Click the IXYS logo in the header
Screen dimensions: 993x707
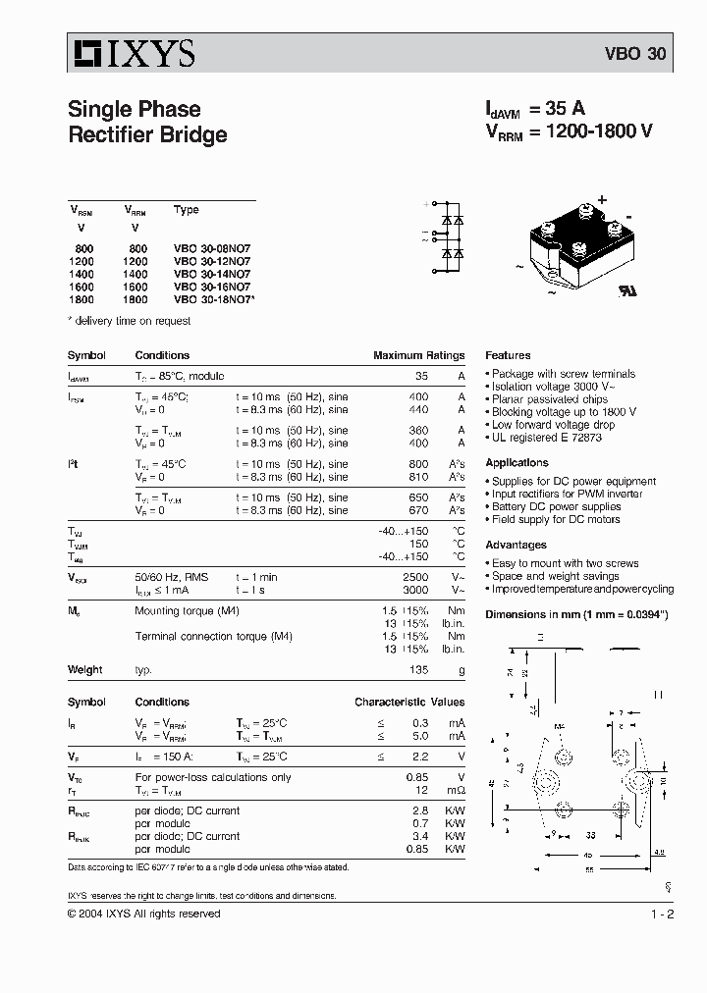(x=131, y=52)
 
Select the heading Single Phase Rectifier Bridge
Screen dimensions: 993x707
(x=147, y=122)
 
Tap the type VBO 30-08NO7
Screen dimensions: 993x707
(x=212, y=249)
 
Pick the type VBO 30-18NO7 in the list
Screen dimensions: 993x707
(x=214, y=300)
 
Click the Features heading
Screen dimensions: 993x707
(x=508, y=355)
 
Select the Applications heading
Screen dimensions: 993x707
(x=517, y=463)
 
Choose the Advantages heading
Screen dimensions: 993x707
(x=517, y=546)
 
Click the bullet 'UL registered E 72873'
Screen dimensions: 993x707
(x=546, y=438)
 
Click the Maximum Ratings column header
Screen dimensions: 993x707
(x=418, y=355)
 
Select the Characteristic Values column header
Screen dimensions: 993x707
(x=409, y=703)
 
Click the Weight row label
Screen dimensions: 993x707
(x=84, y=669)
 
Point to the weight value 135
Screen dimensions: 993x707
(x=419, y=669)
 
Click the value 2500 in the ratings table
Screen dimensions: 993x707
(x=415, y=578)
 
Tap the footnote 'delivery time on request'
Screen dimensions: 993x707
(x=132, y=321)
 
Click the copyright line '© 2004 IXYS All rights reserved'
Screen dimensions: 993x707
(x=143, y=914)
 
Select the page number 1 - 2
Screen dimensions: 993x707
(x=662, y=915)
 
